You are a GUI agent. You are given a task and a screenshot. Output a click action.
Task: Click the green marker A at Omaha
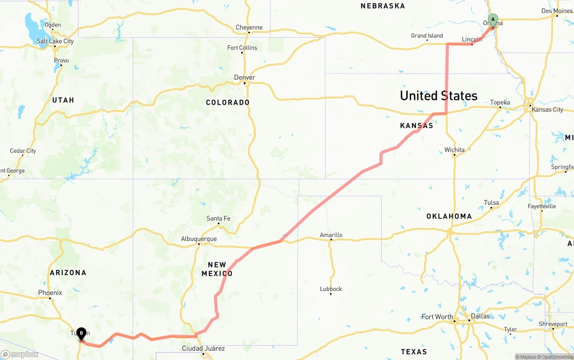493,20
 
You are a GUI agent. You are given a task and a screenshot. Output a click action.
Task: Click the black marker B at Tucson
81,334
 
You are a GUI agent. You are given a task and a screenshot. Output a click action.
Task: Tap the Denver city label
244,78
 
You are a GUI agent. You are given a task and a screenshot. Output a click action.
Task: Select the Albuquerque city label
199,239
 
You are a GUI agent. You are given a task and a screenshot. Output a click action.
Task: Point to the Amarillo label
331,235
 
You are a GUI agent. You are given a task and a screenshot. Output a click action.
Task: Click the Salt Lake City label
55,41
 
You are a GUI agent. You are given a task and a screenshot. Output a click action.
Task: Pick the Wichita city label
454,150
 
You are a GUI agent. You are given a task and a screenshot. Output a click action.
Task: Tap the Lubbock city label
331,289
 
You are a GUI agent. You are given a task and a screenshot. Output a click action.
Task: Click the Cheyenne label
249,27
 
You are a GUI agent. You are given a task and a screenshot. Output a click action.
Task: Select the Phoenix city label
50,293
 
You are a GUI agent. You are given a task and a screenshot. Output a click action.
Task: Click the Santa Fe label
218,218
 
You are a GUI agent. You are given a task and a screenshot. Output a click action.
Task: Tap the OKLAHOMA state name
449,216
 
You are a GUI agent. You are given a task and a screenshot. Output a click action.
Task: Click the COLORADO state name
228,102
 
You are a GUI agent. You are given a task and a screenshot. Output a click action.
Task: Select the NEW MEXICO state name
217,269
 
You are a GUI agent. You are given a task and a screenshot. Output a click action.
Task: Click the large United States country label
439,95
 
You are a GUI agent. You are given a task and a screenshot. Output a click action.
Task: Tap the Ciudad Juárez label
203,348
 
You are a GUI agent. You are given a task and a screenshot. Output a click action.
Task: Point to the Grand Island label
427,35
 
